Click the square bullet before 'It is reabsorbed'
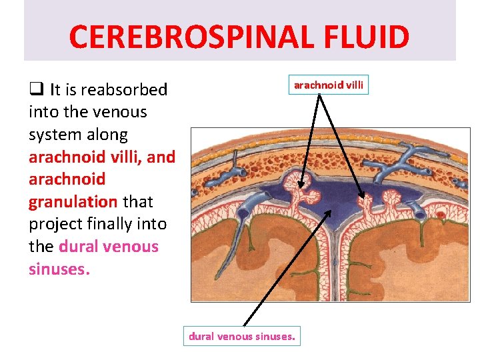point(35,89)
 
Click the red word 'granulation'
point(73,201)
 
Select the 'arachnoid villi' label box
point(329,85)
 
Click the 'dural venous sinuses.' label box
point(241,337)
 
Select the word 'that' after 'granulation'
point(138,201)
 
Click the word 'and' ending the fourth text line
point(162,157)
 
